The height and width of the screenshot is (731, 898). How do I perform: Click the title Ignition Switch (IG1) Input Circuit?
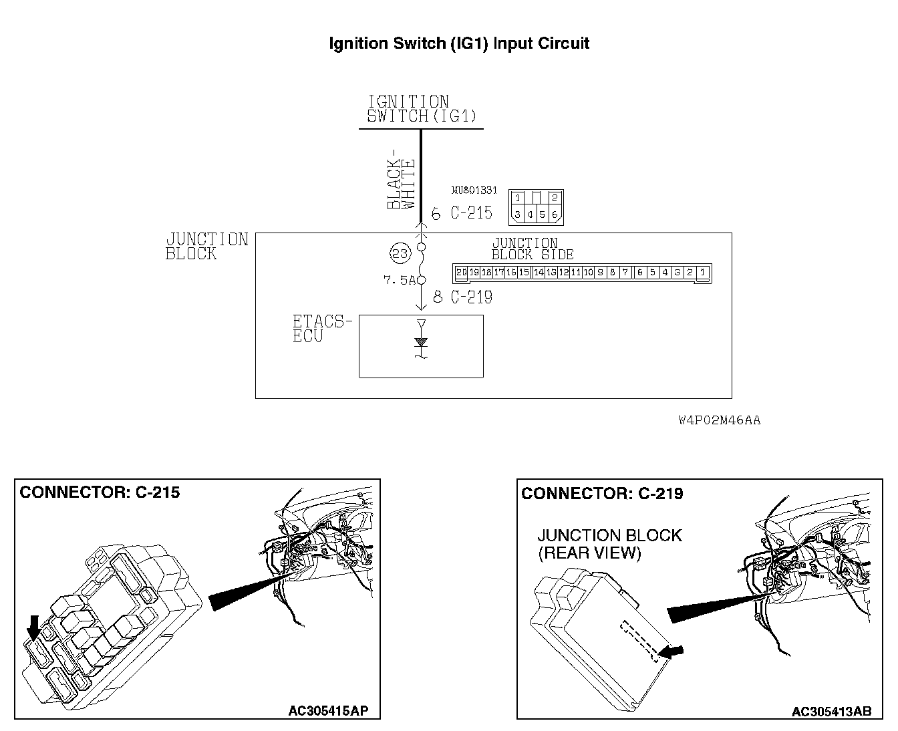tap(459, 44)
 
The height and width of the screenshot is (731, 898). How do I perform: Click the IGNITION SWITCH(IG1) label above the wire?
tap(422, 109)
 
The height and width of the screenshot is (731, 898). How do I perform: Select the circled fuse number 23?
tap(400, 253)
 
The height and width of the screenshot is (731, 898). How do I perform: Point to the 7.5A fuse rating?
tap(400, 281)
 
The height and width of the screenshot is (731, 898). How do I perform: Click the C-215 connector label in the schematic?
tap(472, 213)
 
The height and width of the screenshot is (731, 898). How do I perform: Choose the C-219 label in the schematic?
tap(472, 297)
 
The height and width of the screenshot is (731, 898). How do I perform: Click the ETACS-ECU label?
tap(321, 329)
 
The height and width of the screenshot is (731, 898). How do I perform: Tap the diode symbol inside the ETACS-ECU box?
tap(421, 342)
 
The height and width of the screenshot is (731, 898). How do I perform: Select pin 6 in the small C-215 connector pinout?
tap(555, 214)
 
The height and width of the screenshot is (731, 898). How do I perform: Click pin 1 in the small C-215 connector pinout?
tap(518, 198)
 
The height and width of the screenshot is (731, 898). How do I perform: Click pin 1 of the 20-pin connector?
tap(702, 273)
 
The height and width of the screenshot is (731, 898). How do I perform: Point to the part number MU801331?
tap(474, 190)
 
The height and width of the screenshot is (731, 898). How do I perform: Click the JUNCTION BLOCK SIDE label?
tap(533, 249)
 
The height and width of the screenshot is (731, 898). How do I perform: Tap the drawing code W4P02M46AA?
tap(719, 420)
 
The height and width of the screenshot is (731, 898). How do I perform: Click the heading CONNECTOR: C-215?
tap(100, 493)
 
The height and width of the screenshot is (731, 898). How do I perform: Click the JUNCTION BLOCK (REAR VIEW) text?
tap(609, 544)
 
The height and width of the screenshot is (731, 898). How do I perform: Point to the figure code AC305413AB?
tap(831, 712)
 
